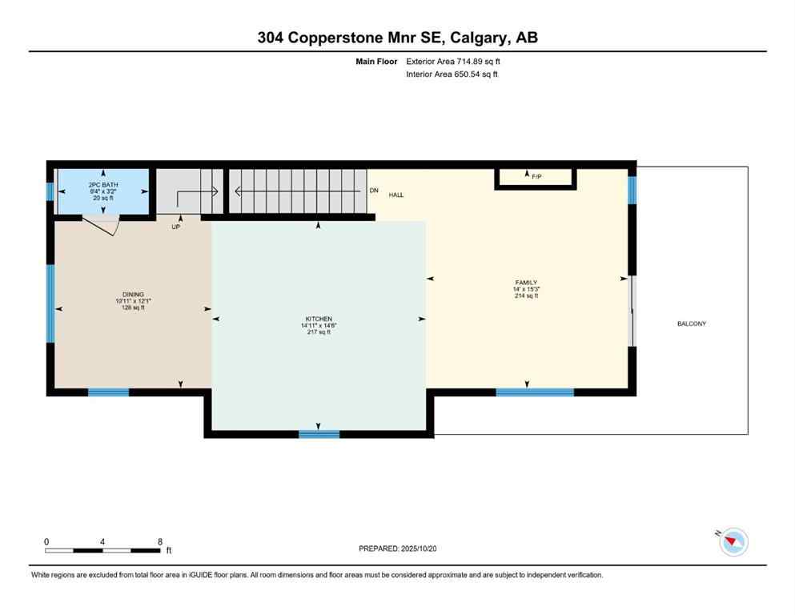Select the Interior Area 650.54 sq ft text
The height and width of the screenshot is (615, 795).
(x=452, y=74)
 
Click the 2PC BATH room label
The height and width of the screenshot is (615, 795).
(x=102, y=185)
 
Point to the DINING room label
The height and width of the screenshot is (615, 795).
(x=133, y=295)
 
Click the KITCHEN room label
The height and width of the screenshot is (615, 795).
(x=317, y=319)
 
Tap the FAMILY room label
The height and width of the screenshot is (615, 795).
(x=526, y=283)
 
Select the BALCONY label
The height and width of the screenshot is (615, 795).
(x=692, y=324)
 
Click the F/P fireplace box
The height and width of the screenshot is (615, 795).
(x=536, y=178)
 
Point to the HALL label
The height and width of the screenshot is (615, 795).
(x=396, y=195)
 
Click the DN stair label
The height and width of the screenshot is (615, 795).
(x=373, y=191)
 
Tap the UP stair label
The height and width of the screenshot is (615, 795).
(x=175, y=227)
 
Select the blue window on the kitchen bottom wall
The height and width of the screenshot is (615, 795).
(x=319, y=434)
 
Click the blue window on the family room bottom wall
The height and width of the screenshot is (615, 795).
(x=535, y=392)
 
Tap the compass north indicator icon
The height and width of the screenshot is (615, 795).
(x=733, y=542)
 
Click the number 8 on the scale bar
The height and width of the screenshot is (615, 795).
(x=160, y=542)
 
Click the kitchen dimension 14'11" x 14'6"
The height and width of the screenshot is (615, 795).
(x=317, y=325)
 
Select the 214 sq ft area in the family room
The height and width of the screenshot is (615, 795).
(x=526, y=295)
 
